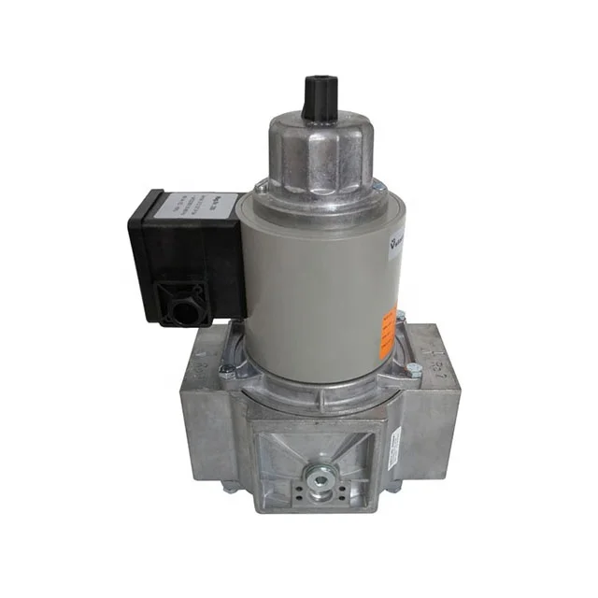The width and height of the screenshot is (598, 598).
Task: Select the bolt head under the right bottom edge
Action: pyautogui.click(x=393, y=487)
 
